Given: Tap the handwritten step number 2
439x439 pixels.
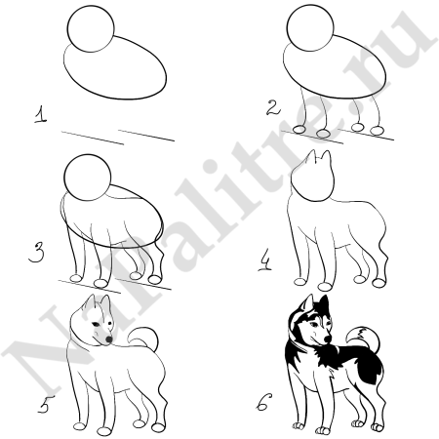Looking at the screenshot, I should point(274,105).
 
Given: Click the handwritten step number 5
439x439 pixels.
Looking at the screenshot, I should point(40,398).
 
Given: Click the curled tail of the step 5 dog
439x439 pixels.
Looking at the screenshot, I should point(142,337).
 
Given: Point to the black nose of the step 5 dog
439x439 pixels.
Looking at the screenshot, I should point(107,339).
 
